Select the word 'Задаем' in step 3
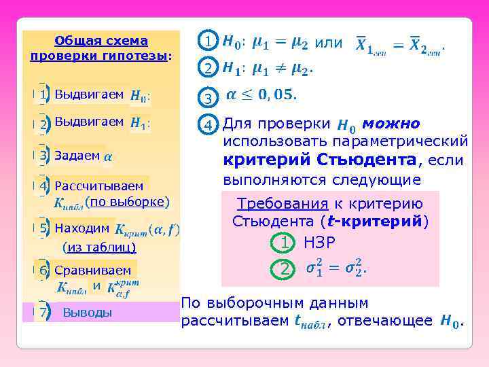77,155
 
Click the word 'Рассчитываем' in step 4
99,186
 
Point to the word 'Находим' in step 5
81,228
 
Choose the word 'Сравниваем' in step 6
93,270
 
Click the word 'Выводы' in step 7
87,313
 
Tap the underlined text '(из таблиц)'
99,247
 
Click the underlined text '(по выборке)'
127,201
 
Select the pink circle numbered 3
209,99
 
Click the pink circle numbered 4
209,125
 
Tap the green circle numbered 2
285,269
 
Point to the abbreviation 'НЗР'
320,243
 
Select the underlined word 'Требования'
280,204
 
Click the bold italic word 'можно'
391,124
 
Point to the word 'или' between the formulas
329,43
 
